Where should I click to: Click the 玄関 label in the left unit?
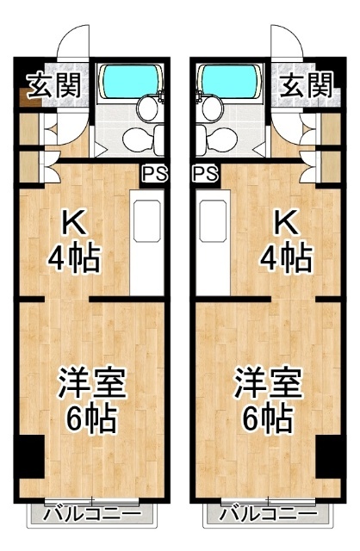pyautogui.click(x=54, y=85)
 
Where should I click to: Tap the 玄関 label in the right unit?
pyautogui.click(x=307, y=85)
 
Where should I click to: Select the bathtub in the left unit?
pyautogui.click(x=130, y=82)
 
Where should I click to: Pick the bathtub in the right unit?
pyautogui.click(x=230, y=82)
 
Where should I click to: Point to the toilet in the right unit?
pyautogui.click(x=216, y=139)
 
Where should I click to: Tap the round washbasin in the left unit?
pyautogui.click(x=147, y=109)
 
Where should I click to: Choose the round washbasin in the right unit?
pyautogui.click(x=213, y=109)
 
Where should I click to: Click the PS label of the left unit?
pyautogui.click(x=154, y=174)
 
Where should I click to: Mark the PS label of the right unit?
pyautogui.click(x=206, y=174)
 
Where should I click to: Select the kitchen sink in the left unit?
pyautogui.click(x=147, y=221)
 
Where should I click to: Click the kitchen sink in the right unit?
pyautogui.click(x=213, y=221)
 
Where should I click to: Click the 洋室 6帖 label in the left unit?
pyautogui.click(x=92, y=399)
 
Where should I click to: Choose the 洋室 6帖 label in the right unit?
pyautogui.click(x=268, y=399)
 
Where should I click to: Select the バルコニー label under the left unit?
pyautogui.click(x=92, y=514)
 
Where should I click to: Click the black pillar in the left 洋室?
pyautogui.click(x=29, y=456)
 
